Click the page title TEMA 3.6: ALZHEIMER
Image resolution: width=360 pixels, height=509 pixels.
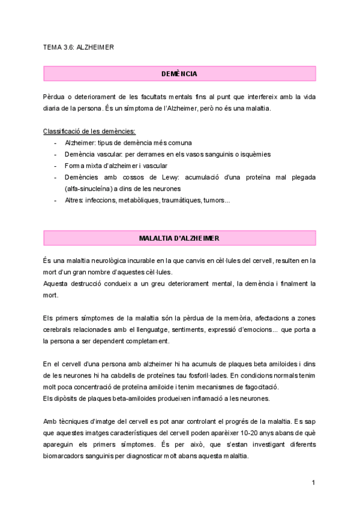(x=79, y=46)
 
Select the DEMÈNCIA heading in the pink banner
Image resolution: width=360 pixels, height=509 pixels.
(x=179, y=74)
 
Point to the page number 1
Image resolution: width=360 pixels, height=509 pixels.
(x=314, y=482)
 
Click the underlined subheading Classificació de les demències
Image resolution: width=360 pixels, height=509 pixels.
(x=89, y=131)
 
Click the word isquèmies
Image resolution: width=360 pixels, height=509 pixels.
(x=254, y=154)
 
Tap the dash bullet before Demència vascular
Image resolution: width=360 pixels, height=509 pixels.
(x=55, y=154)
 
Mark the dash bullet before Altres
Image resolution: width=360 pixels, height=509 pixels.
(x=55, y=200)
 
